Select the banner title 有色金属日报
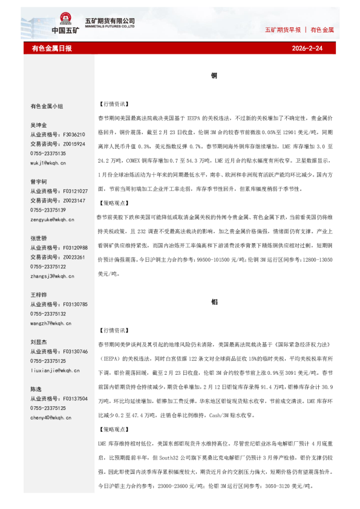tap(51, 48)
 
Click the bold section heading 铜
tap(214, 76)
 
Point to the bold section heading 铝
tap(214, 301)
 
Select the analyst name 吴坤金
tap(39, 125)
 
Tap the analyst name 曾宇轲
tap(39, 181)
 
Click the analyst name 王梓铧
tap(39, 295)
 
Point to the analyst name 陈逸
tap(36, 389)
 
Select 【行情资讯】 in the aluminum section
tap(113, 331)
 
